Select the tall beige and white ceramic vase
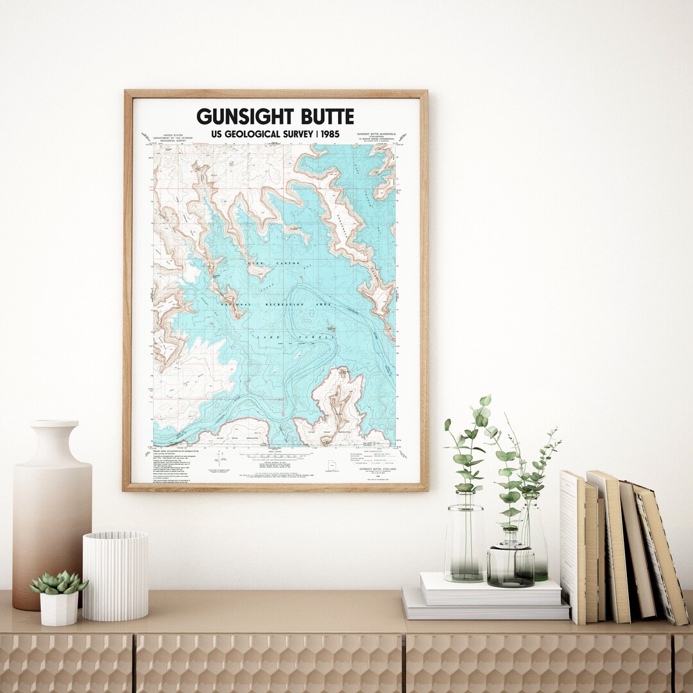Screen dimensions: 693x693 tap(51, 513)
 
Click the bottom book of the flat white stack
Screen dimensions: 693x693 tap(486, 612)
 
